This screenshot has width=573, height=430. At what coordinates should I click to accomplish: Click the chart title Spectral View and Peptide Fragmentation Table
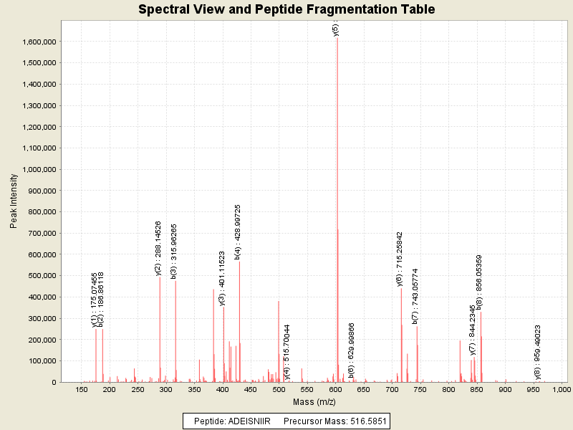click(x=286, y=9)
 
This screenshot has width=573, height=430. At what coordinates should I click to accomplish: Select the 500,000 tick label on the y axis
click(x=40, y=276)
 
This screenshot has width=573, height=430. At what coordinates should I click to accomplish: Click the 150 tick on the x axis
click(x=82, y=389)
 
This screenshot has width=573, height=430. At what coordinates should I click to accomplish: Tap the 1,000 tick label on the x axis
click(x=561, y=389)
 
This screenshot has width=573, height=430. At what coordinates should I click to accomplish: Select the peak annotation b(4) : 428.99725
click(x=238, y=231)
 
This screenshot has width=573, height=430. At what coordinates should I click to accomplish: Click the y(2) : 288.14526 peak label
click(x=158, y=248)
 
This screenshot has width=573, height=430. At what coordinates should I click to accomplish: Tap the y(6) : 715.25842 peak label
click(x=400, y=259)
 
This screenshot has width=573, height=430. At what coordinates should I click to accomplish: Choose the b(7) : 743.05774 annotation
click(x=415, y=297)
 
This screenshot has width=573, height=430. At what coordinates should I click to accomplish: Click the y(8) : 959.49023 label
click(x=537, y=352)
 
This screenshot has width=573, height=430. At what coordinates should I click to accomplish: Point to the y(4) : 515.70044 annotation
click(x=287, y=351)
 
